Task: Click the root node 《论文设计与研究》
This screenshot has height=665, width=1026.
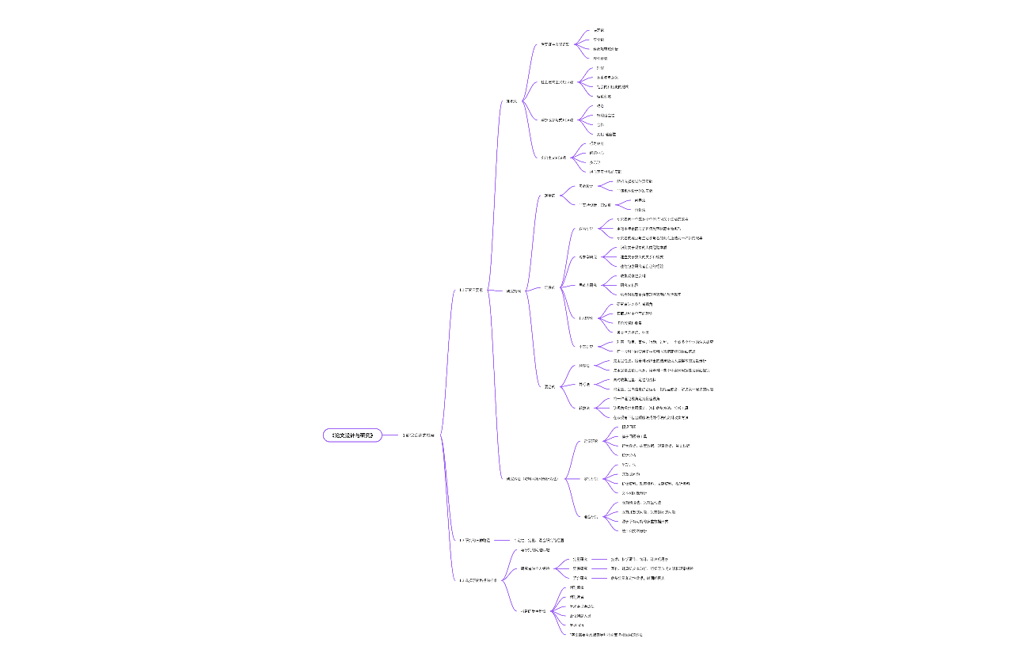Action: (352, 435)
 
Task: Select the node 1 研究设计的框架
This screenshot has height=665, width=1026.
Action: (419, 435)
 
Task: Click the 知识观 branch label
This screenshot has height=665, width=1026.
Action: (511, 101)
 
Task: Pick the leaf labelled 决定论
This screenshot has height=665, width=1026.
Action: (598, 30)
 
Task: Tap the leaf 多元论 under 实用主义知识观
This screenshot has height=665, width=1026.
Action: (595, 161)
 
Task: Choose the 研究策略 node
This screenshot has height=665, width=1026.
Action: (514, 291)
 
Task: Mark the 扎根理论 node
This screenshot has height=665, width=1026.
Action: (586, 284)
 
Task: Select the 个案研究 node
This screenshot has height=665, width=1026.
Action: (585, 346)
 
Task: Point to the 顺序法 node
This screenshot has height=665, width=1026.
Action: (584, 366)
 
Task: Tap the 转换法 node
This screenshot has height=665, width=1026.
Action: (584, 408)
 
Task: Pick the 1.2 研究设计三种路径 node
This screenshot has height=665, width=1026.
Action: (475, 540)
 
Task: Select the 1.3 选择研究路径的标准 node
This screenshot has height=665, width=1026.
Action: (477, 580)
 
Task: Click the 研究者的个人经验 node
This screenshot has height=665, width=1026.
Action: (534, 568)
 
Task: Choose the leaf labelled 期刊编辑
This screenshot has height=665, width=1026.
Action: (576, 587)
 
